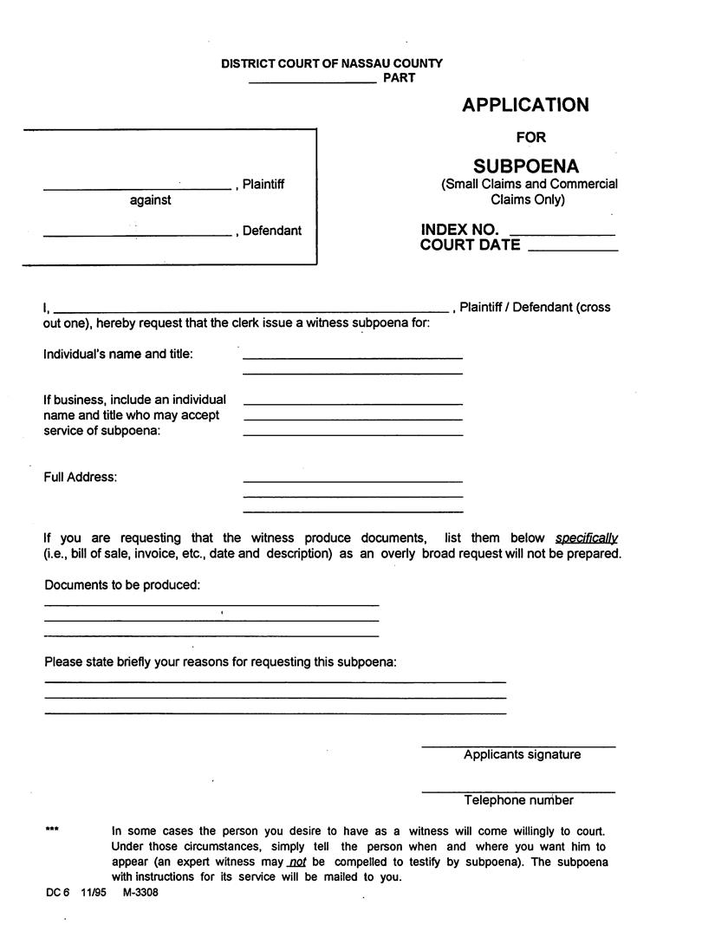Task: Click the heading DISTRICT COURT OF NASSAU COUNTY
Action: [x=331, y=63]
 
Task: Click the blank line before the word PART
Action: [x=312, y=81]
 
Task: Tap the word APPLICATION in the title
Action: [x=525, y=105]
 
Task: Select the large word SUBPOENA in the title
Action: [x=526, y=166]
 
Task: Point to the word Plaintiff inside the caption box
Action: [x=263, y=185]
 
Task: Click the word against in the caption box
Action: [x=150, y=200]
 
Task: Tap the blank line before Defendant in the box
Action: [x=137, y=235]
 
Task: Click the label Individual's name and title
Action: [x=119, y=354]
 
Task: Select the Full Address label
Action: [x=80, y=477]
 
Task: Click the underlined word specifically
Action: [x=586, y=538]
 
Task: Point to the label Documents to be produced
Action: [x=122, y=585]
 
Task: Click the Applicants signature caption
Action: [x=522, y=755]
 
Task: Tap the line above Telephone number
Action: [x=518, y=791]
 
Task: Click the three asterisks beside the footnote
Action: [x=52, y=830]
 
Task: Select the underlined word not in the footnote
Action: [x=298, y=863]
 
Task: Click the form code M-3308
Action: [x=140, y=892]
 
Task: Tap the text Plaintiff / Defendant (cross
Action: [x=535, y=307]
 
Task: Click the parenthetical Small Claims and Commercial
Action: [x=529, y=184]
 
